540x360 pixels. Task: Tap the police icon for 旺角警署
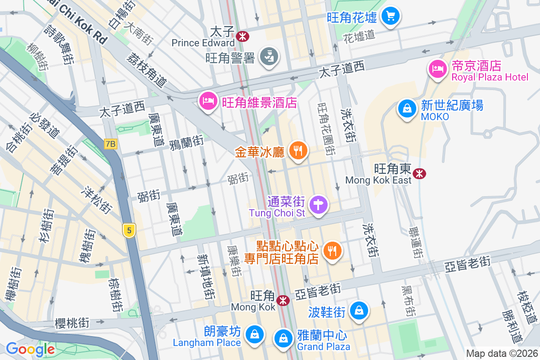coord(270,57)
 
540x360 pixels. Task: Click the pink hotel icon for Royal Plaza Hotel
coord(436,69)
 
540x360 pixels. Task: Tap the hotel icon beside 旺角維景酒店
coord(207,101)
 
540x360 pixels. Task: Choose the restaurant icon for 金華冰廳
coord(297,151)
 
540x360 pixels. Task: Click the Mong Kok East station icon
coord(419,173)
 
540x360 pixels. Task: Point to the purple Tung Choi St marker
coord(318,205)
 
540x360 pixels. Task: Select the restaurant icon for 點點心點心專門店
coord(332,251)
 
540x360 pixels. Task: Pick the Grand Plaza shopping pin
coord(284,338)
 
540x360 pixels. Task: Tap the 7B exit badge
coord(110,144)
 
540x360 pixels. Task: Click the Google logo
coord(30,349)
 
